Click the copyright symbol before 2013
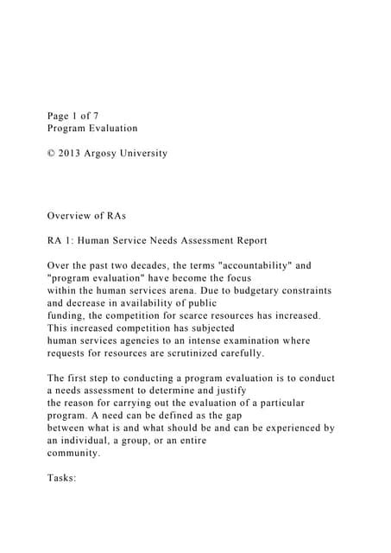pos(52,154)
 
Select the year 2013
pos(75,154)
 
